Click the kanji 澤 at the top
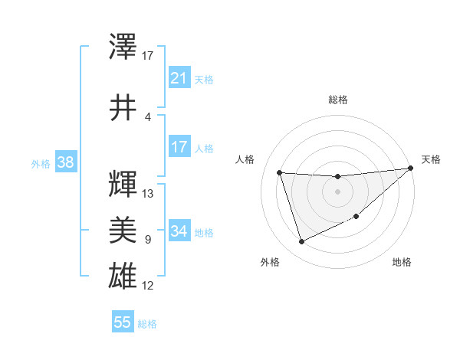coord(123,47)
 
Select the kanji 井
coord(123,107)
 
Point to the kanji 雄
coord(123,274)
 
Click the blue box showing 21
coord(179,78)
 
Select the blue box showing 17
coord(179,147)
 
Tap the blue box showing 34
coord(179,231)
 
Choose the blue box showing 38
coord(65,162)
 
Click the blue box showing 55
coord(123,322)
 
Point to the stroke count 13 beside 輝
coord(148,194)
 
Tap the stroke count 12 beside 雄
coord(148,286)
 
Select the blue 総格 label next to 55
coord(147,324)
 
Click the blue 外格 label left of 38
coord(40,164)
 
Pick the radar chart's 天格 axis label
coord(431,159)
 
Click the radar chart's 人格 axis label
coord(245,159)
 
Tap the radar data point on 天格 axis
coord(411,169)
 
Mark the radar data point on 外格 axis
coord(301,242)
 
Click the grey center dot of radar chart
coord(337,191)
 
